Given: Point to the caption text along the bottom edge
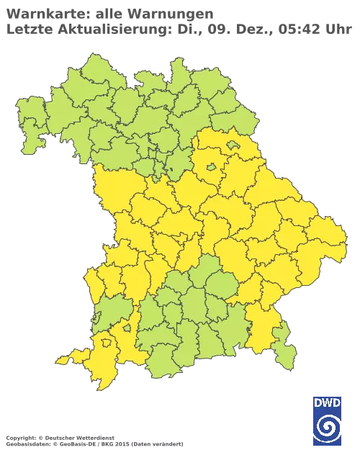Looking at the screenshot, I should (94, 438).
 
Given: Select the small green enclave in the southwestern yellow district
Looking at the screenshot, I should (127, 328).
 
